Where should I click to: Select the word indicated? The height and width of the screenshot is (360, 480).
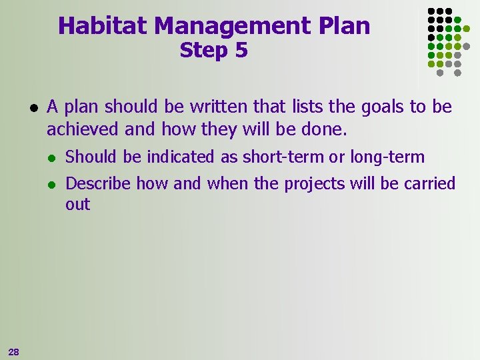click(x=180, y=157)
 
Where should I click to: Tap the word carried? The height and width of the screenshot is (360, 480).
click(x=429, y=183)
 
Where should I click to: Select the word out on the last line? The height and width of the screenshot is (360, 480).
click(x=77, y=205)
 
